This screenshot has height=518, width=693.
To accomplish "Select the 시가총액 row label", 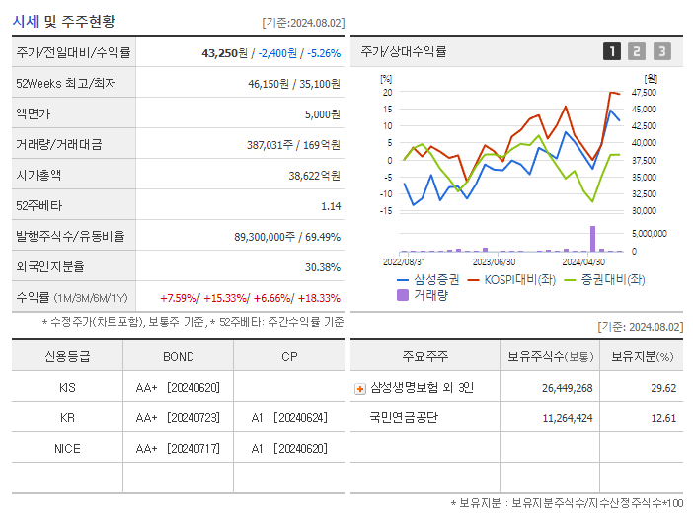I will (39, 175).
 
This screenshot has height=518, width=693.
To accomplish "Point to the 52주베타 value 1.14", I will (331, 206).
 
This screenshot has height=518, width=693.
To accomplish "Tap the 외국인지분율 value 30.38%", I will (323, 266).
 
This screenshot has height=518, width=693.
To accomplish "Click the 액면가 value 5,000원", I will (322, 114).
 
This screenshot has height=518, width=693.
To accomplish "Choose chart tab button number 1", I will (612, 51).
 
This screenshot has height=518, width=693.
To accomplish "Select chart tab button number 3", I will (661, 51).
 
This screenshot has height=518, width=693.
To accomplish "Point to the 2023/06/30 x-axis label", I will (494, 262).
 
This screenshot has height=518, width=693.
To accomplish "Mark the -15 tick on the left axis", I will (387, 210).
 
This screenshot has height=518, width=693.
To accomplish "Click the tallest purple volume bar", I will (593, 239).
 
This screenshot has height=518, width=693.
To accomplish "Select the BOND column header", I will (178, 356).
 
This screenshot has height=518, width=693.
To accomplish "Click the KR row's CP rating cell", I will (288, 417).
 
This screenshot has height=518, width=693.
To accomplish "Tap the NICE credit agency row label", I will (67, 448).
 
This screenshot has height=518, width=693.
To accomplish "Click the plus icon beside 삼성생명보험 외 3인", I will (359, 388).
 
